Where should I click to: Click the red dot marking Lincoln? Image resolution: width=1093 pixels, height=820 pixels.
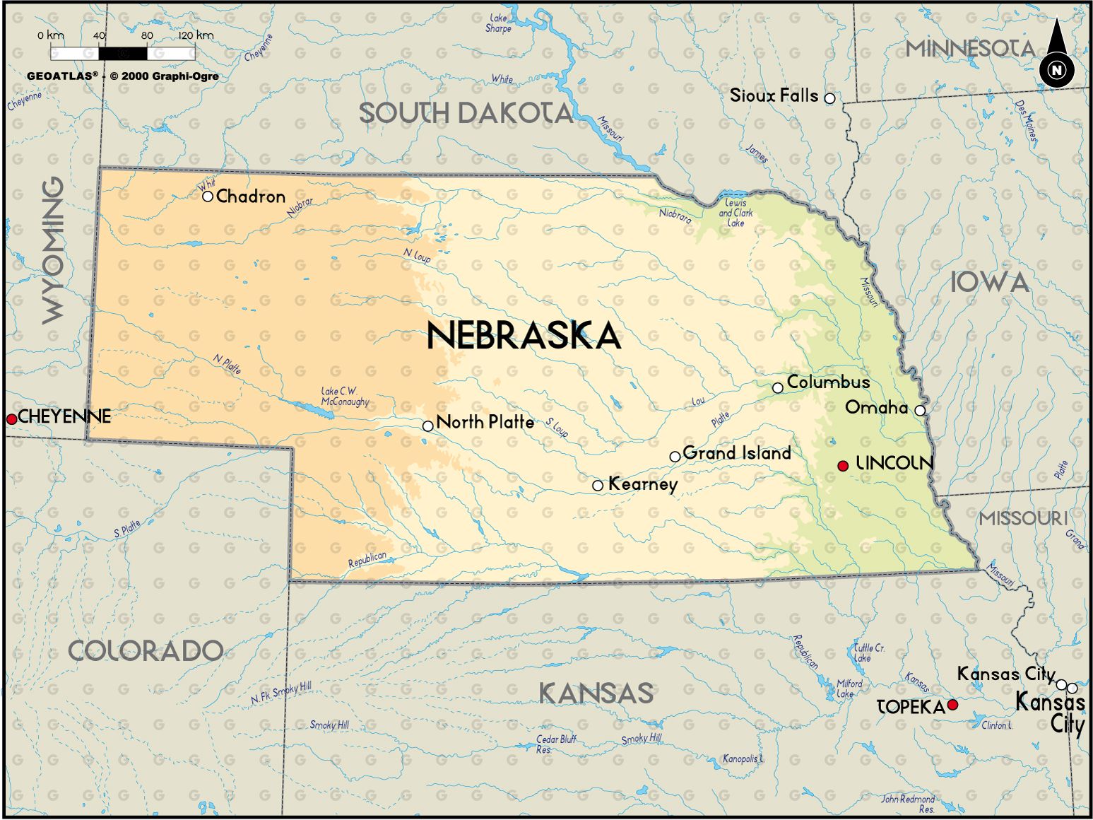click(842, 466)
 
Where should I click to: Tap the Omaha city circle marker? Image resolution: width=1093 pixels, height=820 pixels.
click(919, 410)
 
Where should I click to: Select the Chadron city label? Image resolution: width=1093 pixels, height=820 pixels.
click(251, 197)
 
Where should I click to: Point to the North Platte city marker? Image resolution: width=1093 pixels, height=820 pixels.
click(427, 426)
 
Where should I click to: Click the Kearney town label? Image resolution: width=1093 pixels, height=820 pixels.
click(642, 484)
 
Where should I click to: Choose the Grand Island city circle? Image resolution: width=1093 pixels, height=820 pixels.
click(675, 457)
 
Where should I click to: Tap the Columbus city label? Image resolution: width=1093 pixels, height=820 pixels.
click(828, 382)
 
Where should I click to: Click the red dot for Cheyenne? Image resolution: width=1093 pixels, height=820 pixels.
click(11, 419)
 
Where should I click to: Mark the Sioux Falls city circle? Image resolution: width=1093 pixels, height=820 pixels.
click(829, 98)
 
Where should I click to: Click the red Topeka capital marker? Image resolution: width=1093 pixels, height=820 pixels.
click(952, 705)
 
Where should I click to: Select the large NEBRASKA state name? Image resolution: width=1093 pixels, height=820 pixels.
click(524, 336)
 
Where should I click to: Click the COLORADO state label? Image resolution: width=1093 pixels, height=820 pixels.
click(145, 651)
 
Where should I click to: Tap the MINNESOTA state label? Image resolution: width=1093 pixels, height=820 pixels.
click(970, 49)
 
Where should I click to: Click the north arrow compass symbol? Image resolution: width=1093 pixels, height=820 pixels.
click(1056, 56)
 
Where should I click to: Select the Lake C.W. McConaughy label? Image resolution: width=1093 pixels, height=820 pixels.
click(345, 397)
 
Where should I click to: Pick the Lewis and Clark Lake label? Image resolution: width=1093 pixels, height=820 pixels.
click(735, 213)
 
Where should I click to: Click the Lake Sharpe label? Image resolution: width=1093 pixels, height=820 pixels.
click(498, 23)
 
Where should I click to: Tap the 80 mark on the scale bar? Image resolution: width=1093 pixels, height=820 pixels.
click(147, 35)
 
